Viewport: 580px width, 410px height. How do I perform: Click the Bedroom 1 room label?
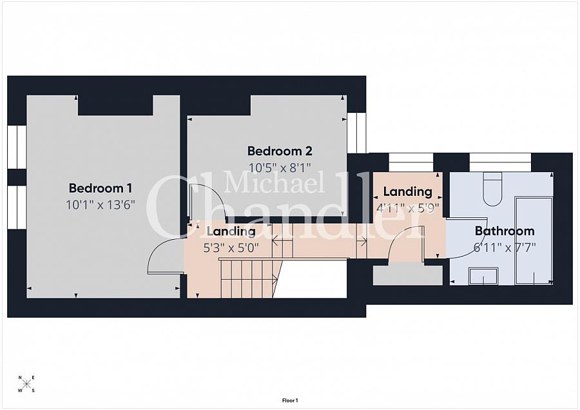[x=101, y=188]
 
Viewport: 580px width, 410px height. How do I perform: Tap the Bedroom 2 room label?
[x=280, y=151]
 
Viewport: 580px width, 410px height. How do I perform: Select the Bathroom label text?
[x=505, y=231]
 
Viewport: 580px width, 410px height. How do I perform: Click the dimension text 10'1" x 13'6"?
[x=101, y=204]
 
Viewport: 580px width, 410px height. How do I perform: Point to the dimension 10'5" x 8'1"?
[x=280, y=168]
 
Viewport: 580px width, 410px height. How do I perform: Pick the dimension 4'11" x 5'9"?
[x=407, y=208]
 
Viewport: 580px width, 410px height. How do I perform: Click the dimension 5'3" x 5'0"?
[x=231, y=248]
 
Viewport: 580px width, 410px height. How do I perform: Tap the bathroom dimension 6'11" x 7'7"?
[x=505, y=247]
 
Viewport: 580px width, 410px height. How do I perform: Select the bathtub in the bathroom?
[x=534, y=240]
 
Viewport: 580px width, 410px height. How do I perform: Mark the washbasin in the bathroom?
[x=483, y=277]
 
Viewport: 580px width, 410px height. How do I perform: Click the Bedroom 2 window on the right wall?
[x=356, y=133]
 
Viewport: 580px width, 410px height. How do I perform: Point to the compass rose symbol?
[x=26, y=384]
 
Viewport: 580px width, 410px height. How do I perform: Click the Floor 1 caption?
[x=290, y=400]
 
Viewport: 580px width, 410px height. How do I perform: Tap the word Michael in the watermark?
[x=274, y=183]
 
